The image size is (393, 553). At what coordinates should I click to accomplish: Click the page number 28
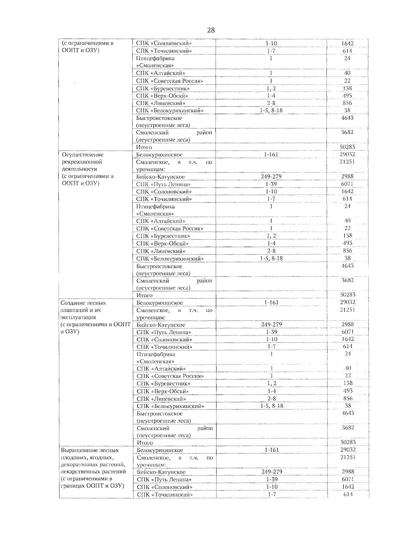211,31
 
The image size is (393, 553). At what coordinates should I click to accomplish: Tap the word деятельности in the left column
79,169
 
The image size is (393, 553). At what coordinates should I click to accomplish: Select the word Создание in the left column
72,303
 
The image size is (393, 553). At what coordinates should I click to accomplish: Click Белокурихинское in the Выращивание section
160,450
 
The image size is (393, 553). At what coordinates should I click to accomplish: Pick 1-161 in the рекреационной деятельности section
271,154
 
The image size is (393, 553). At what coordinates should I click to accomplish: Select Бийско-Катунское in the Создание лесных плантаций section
161,325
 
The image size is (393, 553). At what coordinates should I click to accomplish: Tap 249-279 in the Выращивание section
272,472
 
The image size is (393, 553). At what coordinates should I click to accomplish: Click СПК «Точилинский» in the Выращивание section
164,495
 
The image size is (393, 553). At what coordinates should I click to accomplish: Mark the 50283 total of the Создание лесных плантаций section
348,442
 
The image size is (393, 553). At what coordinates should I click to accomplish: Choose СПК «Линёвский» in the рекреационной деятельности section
161,251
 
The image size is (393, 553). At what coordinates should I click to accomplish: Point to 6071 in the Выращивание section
348,479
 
